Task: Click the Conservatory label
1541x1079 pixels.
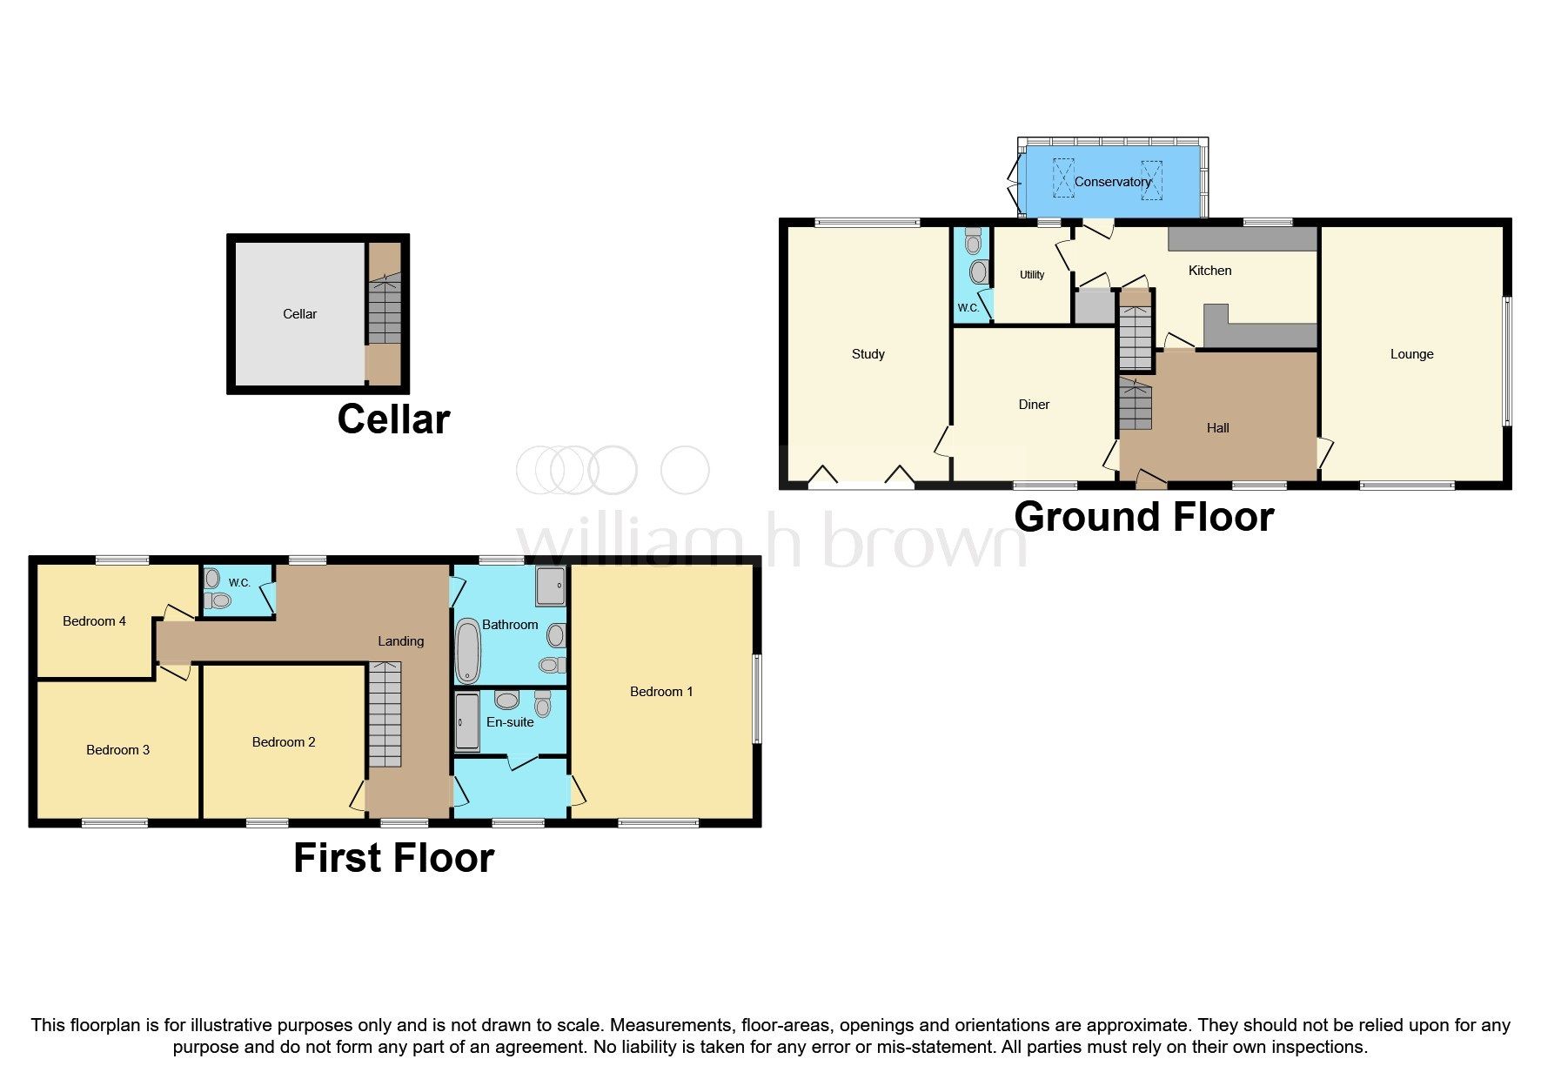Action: click(1112, 182)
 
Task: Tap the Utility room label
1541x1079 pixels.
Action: click(1032, 275)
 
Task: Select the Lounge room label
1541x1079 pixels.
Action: click(1411, 354)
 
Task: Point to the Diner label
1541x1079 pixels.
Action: click(1034, 405)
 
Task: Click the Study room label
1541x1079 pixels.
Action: click(868, 354)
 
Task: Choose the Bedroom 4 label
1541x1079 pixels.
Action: click(94, 621)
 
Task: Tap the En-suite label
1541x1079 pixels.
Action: click(510, 722)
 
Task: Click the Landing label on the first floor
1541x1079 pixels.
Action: click(400, 641)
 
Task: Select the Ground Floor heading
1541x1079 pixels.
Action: click(1143, 517)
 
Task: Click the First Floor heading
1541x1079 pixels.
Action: click(393, 858)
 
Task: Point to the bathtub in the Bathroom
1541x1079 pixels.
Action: click(468, 651)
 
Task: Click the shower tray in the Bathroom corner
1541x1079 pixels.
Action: click(551, 586)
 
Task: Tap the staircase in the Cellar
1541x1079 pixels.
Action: click(384, 311)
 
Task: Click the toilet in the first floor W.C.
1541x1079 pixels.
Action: click(220, 600)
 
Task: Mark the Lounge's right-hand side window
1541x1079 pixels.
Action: click(1508, 361)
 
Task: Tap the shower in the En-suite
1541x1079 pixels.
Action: click(467, 722)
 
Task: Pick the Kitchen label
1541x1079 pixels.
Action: click(1209, 271)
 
